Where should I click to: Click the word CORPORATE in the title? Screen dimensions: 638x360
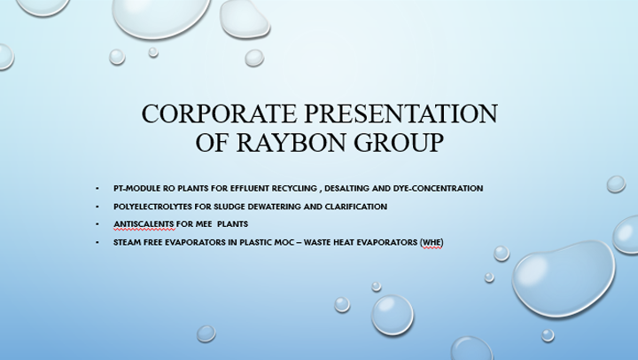coord(219,113)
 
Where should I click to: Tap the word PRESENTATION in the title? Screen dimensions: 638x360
coord(401,113)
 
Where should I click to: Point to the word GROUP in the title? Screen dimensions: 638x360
coord(399,143)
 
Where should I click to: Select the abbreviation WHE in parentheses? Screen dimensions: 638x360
coord(432,242)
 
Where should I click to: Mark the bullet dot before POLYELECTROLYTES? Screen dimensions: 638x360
coord(97,207)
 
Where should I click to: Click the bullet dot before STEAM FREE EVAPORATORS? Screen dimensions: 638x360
coord(97,242)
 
